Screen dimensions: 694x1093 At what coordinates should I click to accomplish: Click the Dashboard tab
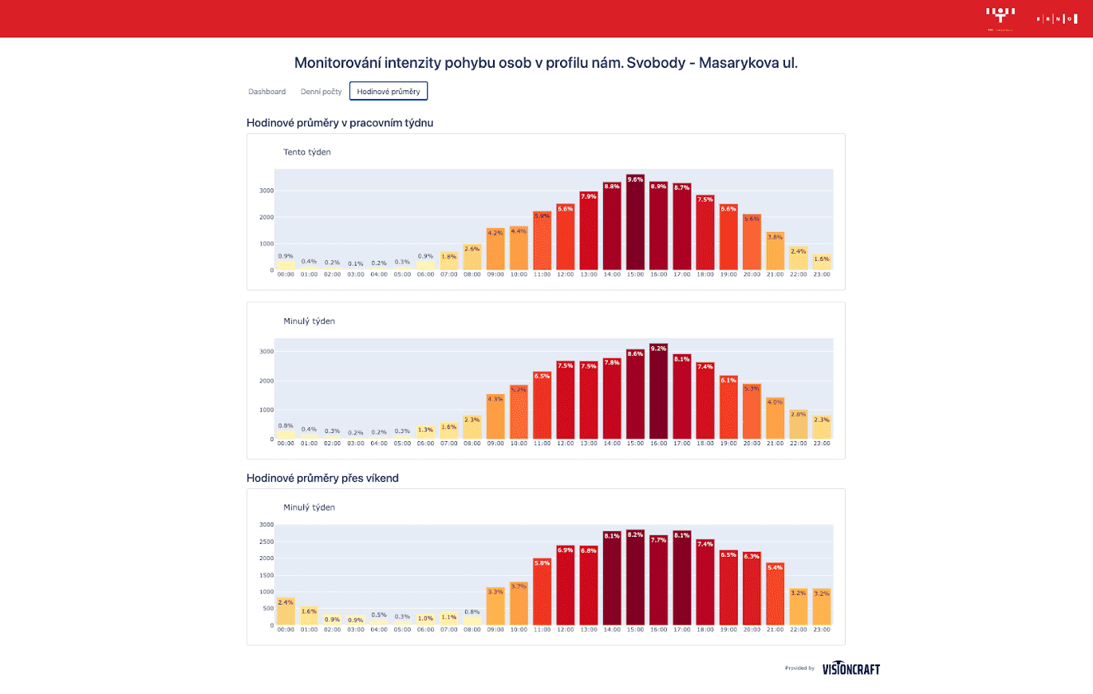click(x=266, y=92)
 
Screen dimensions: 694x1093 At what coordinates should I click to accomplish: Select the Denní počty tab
click(x=321, y=92)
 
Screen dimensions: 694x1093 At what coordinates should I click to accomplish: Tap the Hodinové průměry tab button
click(x=389, y=92)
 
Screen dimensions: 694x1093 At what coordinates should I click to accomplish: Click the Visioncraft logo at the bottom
click(x=850, y=668)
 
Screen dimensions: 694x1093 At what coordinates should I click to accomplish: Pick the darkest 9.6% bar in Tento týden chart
click(x=635, y=223)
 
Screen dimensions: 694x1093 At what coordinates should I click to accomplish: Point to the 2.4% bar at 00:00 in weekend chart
click(x=285, y=611)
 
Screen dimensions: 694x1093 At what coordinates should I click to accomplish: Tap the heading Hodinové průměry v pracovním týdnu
click(x=340, y=122)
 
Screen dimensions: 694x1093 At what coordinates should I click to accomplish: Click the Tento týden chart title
click(x=307, y=152)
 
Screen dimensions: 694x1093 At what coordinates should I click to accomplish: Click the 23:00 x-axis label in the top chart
click(x=821, y=274)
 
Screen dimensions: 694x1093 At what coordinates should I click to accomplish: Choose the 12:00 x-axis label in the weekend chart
click(x=565, y=629)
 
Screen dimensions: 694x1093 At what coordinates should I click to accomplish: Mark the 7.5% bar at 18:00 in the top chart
click(x=704, y=233)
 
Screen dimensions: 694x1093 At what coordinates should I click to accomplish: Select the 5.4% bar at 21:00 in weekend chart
click(x=775, y=594)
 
